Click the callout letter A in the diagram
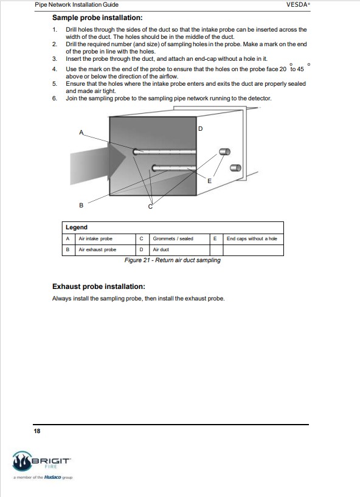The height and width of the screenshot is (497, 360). pyautogui.click(x=81, y=132)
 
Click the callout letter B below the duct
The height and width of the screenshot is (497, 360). pyautogui.click(x=81, y=205)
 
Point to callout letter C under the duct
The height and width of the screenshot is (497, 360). pyautogui.click(x=150, y=207)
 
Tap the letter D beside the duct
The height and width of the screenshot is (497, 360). pyautogui.click(x=200, y=129)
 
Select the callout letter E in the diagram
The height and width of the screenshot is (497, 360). pyautogui.click(x=209, y=181)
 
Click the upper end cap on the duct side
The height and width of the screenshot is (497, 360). pyautogui.click(x=224, y=152)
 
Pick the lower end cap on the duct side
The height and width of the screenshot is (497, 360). pyautogui.click(x=235, y=168)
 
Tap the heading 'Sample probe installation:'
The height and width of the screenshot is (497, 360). pyautogui.click(x=97, y=18)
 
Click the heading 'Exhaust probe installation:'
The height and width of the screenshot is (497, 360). pyautogui.click(x=99, y=287)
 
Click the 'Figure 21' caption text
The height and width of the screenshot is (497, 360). pyautogui.click(x=172, y=260)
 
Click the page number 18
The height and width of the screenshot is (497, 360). pyautogui.click(x=37, y=431)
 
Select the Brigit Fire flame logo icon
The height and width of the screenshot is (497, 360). pyautogui.click(x=22, y=461)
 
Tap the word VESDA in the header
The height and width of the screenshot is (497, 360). pyautogui.click(x=297, y=5)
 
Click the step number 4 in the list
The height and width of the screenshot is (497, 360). pyautogui.click(x=55, y=69)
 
